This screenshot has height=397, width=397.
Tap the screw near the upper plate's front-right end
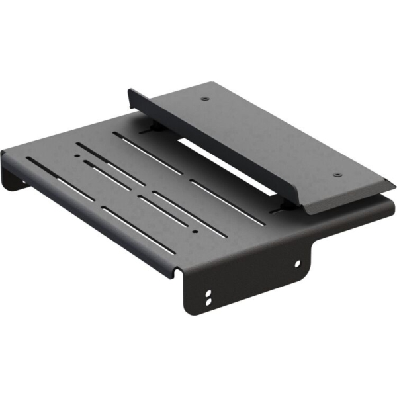point(337,175)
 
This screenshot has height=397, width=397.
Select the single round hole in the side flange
point(297,263)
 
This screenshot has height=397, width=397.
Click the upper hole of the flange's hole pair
point(210,292)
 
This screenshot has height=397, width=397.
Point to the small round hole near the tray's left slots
point(78,157)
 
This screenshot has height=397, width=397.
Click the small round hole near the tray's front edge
point(194,233)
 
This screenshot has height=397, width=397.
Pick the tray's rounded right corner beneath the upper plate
point(387,212)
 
